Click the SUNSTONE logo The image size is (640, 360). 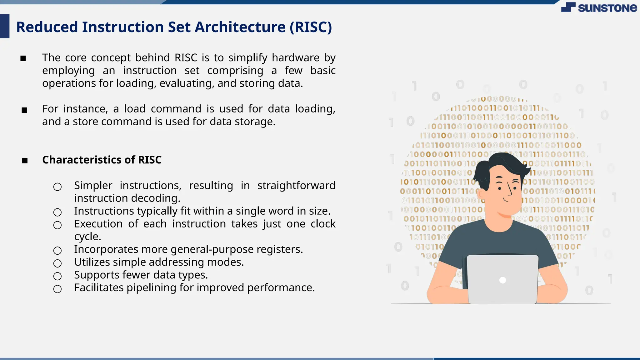click(599, 7)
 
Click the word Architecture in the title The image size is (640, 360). click(240, 27)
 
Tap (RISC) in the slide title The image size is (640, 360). click(311, 27)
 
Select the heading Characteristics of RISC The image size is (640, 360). click(102, 160)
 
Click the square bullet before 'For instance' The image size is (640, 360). click(24, 110)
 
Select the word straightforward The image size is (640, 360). click(296, 186)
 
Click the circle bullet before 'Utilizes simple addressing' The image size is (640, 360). click(57, 263)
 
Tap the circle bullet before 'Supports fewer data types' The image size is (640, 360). click(57, 276)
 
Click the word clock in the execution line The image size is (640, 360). click(323, 224)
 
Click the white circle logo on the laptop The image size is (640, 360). click(502, 280)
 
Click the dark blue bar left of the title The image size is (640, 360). click(4, 26)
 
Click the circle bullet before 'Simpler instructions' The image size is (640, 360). click(57, 187)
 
